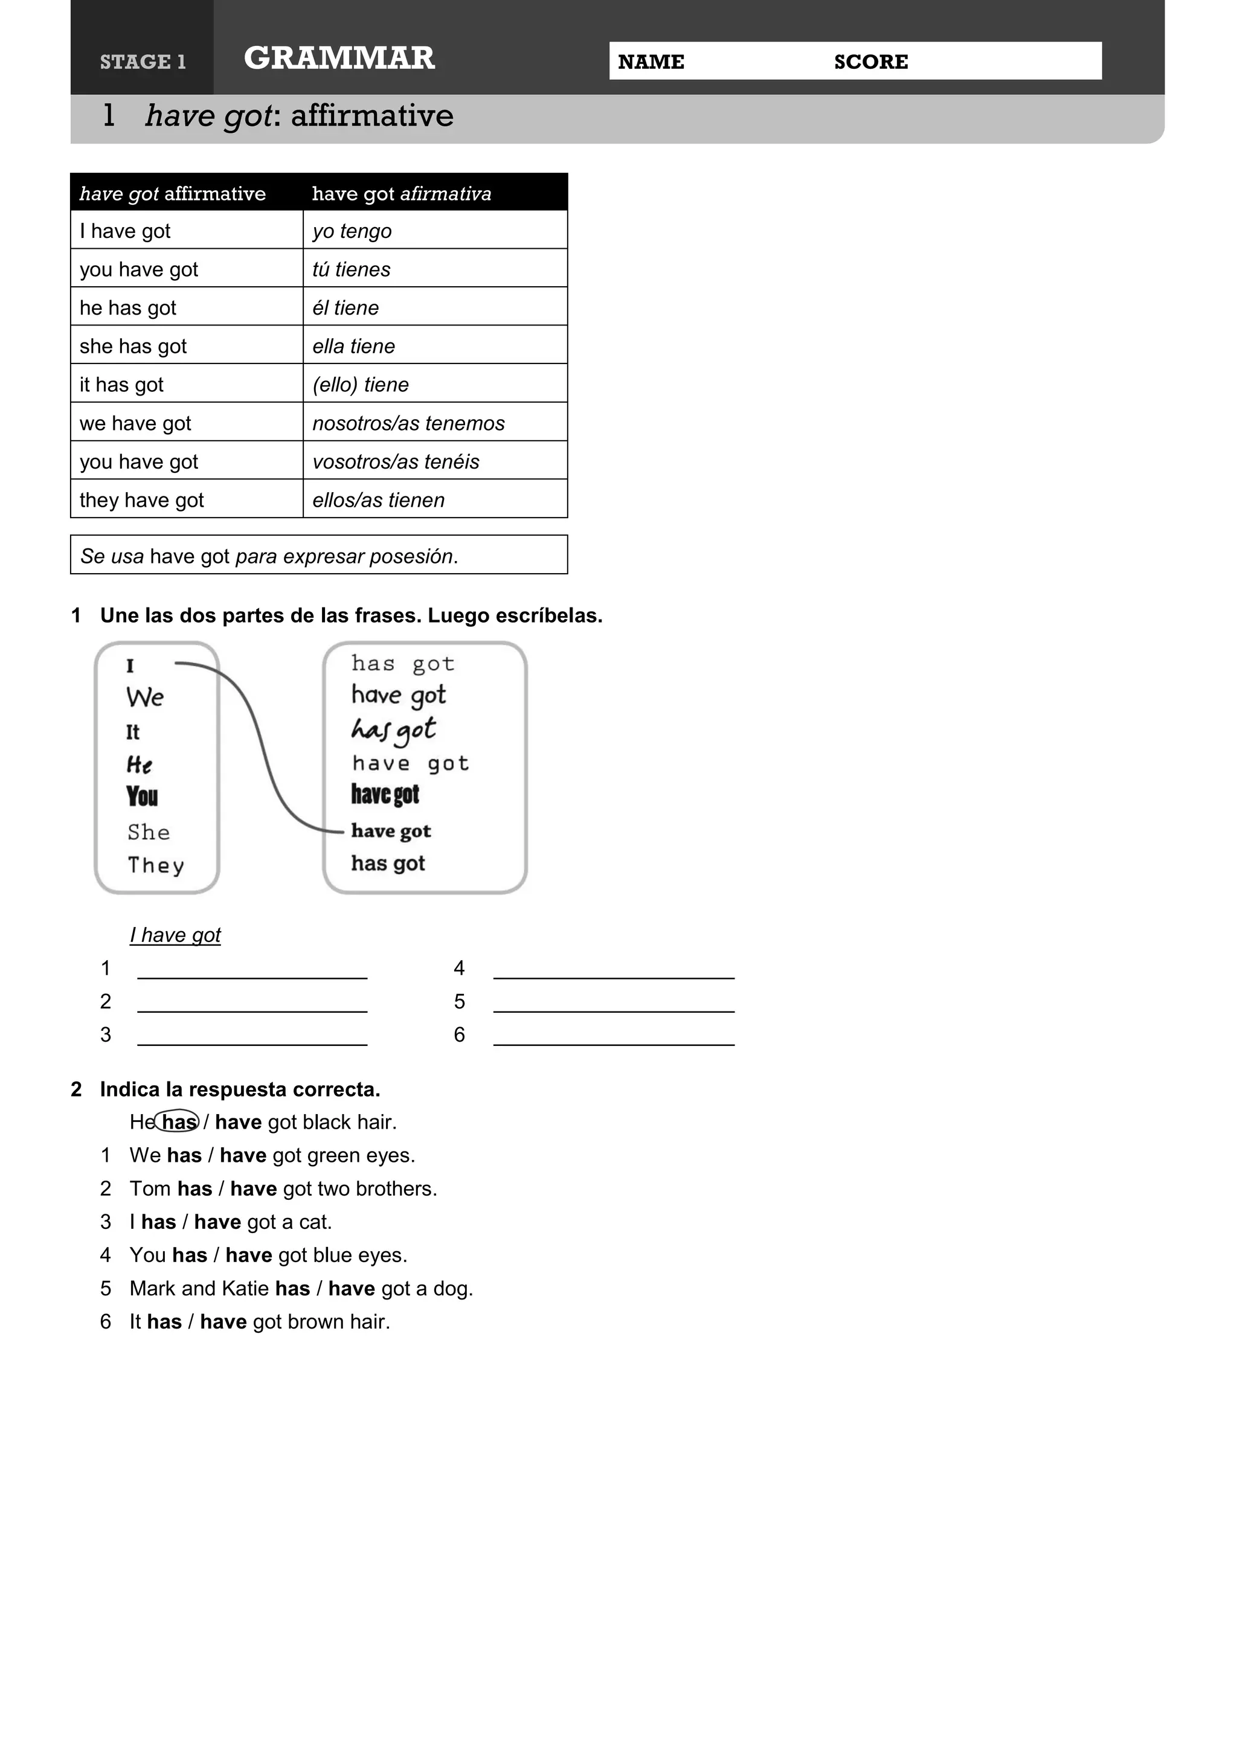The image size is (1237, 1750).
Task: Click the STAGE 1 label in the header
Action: [x=143, y=62]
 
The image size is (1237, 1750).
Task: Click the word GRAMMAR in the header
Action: [x=339, y=58]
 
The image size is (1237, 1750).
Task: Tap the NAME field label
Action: [x=651, y=62]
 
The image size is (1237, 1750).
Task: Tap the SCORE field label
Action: [x=870, y=62]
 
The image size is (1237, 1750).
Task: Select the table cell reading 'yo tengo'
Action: [x=352, y=231]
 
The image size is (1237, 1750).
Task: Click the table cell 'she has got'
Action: [x=133, y=346]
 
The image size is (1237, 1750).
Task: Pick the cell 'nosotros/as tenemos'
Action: [x=408, y=423]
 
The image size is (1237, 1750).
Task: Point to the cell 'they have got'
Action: [x=142, y=500]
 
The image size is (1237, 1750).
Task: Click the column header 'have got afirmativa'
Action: [x=402, y=194]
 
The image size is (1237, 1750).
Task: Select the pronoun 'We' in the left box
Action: [x=145, y=697]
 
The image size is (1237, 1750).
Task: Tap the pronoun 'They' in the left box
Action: [x=156, y=865]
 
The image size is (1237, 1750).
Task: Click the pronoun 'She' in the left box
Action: [x=149, y=832]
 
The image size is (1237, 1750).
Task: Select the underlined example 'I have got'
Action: [x=175, y=935]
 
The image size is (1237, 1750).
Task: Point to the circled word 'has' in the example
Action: [x=178, y=1122]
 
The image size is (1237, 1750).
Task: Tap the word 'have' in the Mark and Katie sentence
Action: [x=352, y=1289]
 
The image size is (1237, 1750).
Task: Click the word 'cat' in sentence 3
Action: [x=313, y=1223]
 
